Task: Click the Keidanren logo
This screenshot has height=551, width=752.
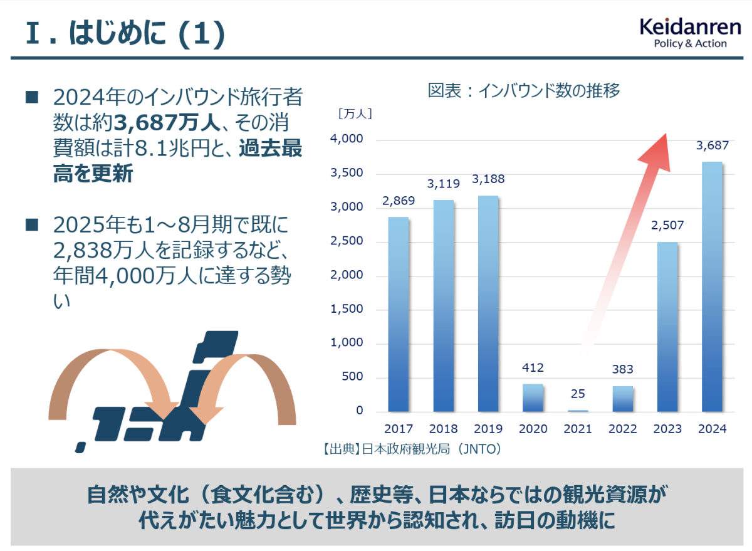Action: (x=689, y=33)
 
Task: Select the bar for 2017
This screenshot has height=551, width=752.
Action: (x=398, y=314)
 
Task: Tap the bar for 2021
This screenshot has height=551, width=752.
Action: (x=577, y=411)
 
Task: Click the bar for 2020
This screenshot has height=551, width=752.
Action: (x=533, y=397)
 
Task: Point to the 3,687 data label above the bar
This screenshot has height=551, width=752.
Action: (x=713, y=145)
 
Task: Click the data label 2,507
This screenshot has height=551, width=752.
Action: (x=667, y=225)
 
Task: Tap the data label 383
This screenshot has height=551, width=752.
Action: (x=622, y=369)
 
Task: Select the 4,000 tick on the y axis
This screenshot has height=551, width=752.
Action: (x=347, y=139)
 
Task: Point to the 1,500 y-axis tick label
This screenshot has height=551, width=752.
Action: (x=347, y=309)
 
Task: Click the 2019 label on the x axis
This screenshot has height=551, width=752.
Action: (x=488, y=429)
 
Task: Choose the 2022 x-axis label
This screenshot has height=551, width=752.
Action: (x=622, y=429)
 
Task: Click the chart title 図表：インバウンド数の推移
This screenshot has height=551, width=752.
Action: (x=524, y=91)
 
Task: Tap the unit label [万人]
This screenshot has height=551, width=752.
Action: (x=355, y=114)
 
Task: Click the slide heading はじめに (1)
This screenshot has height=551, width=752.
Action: (x=125, y=34)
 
